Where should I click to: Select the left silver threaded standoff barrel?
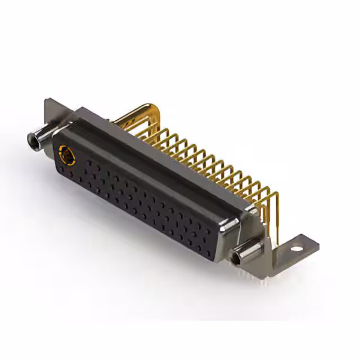click(39, 138)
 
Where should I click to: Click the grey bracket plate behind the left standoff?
click(51, 112)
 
